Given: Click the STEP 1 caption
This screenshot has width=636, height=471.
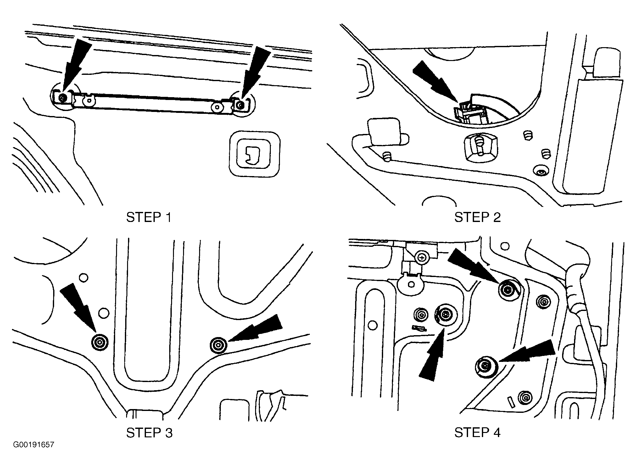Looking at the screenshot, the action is tap(149, 217).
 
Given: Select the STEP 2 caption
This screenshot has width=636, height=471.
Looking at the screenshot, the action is tap(477, 217).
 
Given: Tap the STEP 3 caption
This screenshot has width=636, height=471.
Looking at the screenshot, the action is tap(149, 433).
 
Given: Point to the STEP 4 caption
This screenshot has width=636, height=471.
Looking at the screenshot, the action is tap(477, 433).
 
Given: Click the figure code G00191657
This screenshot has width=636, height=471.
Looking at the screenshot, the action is tap(34, 445).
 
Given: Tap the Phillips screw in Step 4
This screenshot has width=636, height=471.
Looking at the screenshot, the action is tap(422, 258).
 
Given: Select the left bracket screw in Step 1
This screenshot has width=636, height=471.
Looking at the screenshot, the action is tap(63, 98).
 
